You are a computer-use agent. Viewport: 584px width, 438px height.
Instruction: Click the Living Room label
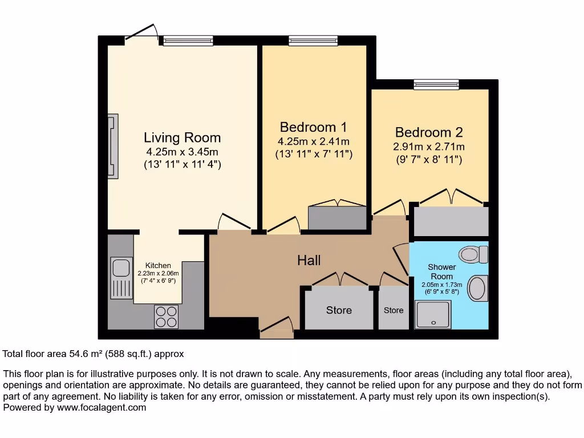182,138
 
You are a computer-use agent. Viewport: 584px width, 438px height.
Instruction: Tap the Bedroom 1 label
313,127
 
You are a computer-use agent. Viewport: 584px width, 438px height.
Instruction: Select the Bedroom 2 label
429,132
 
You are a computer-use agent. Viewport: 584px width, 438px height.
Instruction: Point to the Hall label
309,261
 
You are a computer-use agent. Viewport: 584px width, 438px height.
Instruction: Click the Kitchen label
158,266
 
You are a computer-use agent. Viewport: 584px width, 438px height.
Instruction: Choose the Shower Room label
442,271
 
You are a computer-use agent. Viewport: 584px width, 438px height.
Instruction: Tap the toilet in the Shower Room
474,253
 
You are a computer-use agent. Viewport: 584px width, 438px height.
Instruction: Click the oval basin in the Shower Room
477,288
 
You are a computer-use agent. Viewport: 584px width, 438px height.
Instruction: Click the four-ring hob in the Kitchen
166,317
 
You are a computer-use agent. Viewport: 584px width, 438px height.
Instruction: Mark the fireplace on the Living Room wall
113,144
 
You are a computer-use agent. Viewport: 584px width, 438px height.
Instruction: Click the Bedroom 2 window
436,85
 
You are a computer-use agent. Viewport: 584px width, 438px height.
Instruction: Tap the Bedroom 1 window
305,40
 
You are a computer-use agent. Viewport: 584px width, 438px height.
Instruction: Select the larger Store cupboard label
339,310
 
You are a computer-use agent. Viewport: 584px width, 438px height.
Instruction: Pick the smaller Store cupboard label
394,310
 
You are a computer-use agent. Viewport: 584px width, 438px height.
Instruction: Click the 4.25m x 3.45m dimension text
182,152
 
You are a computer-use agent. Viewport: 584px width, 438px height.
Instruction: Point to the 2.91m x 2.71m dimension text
429,147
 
